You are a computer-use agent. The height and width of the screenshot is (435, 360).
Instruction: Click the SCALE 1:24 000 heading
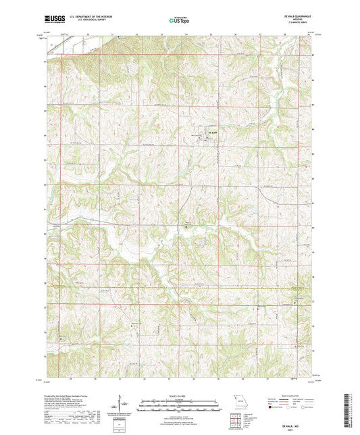180,395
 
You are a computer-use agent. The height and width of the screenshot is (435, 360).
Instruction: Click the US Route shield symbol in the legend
288,407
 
